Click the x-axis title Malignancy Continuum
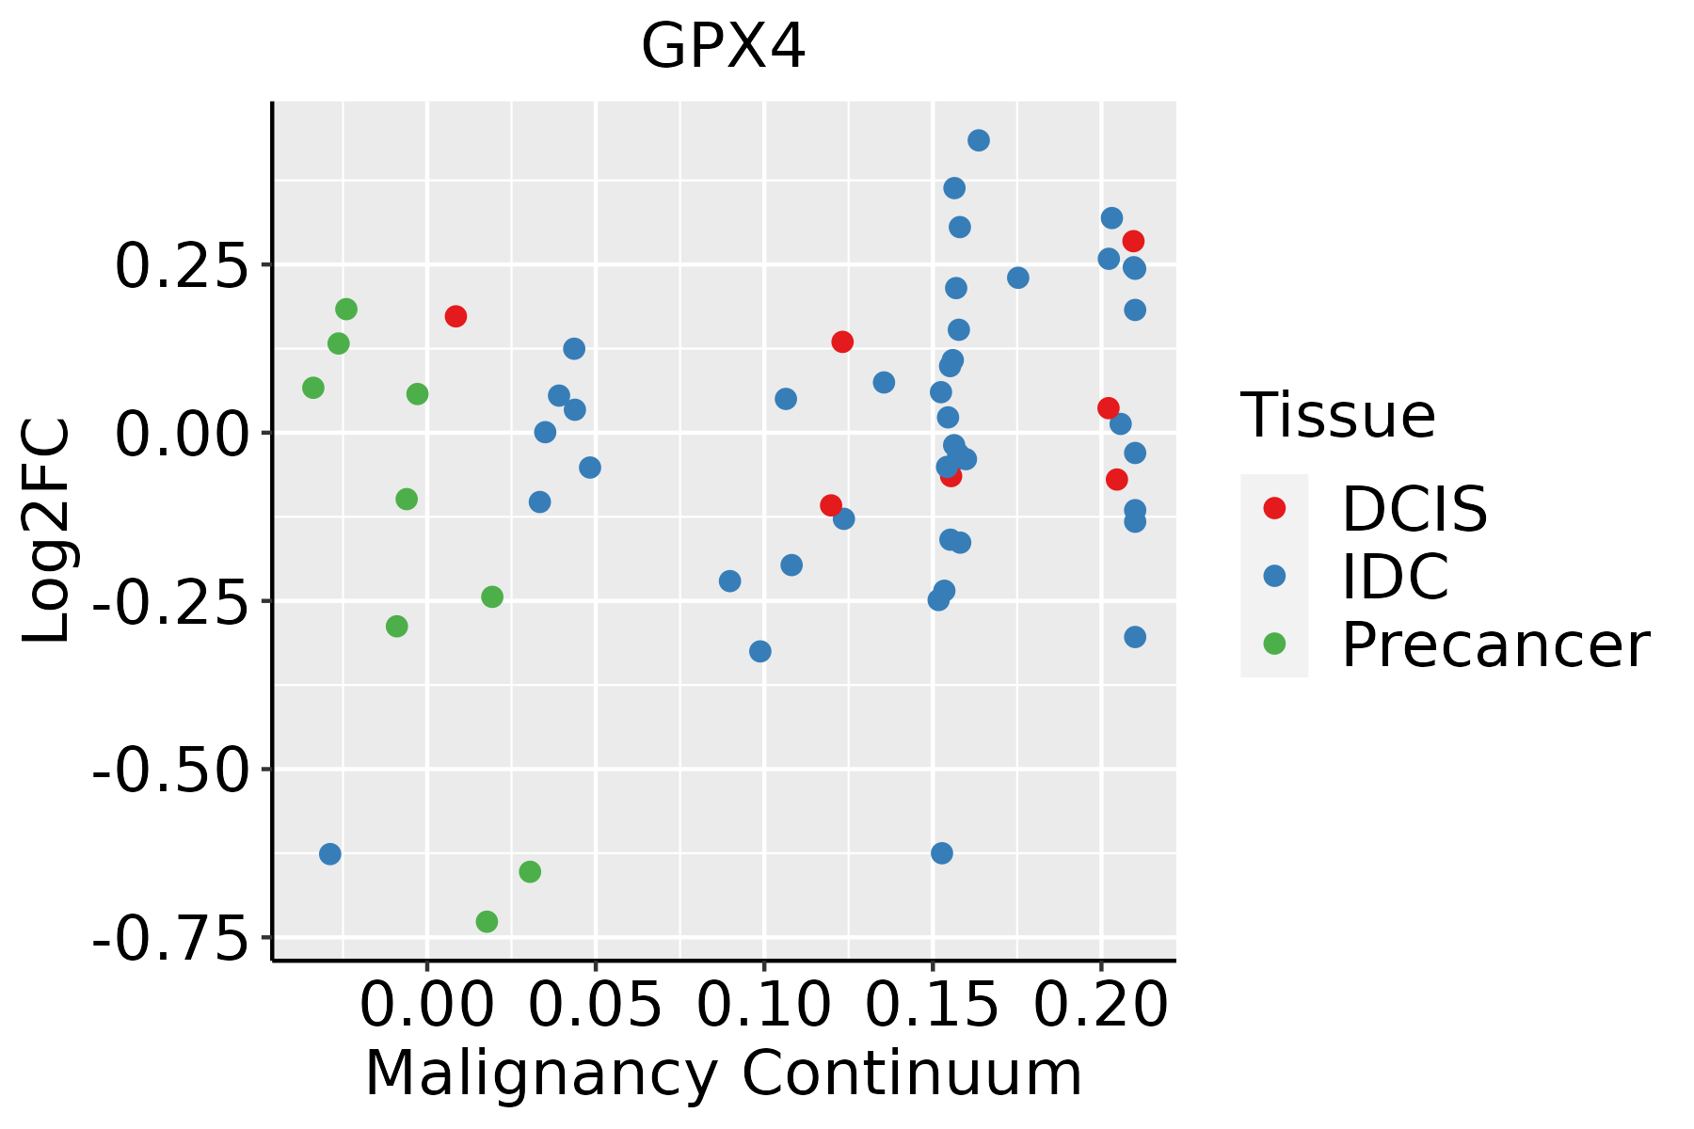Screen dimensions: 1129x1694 click(x=723, y=1073)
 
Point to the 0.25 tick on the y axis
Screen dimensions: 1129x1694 click(x=179, y=265)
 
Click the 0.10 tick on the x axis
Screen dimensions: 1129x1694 click(x=763, y=1005)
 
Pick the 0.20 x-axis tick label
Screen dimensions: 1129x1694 click(x=1100, y=1005)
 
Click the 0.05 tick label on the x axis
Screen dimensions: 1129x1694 click(x=595, y=1005)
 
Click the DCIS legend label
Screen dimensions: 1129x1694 click(x=1414, y=509)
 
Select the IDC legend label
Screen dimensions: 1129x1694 click(x=1395, y=577)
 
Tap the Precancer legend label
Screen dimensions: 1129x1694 click(x=1494, y=645)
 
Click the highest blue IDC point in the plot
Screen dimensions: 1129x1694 click(x=979, y=140)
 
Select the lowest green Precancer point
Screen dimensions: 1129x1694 click(x=487, y=921)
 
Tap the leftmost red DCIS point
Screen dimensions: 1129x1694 click(x=455, y=316)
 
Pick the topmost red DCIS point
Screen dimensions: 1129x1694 click(x=1133, y=241)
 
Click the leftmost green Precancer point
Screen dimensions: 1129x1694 click(x=313, y=388)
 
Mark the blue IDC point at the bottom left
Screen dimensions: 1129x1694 click(x=329, y=854)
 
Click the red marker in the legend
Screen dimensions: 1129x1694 click(x=1274, y=508)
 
